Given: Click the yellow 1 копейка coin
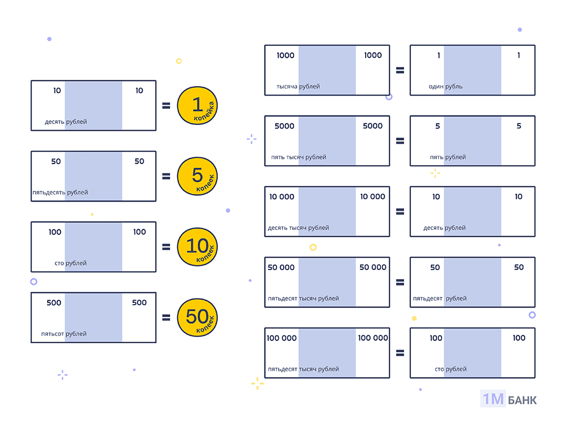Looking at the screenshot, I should pos(197,105).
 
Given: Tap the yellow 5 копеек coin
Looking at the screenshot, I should pos(197,176).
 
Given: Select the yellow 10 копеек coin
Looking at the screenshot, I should pos(197,247).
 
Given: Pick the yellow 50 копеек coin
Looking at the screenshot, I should pos(197,318).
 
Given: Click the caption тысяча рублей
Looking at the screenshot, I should pos(298,87).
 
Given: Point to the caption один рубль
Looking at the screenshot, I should pos(445,87).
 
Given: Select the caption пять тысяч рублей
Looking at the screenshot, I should pos(298,157).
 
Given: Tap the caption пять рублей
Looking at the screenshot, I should pos(448,157).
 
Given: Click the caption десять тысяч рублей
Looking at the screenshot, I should pos(298,228).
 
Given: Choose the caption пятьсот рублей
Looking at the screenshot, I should pos(64,334).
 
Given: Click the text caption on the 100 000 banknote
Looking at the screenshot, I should pos(303,369).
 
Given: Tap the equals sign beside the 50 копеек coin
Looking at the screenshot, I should pos(166,318).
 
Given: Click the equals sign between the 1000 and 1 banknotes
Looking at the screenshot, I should pos(400,70).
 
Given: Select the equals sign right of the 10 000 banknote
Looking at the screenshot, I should pos(400,212).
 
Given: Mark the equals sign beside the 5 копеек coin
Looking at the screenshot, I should pos(166,176).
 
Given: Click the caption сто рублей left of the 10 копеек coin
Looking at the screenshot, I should pos(71,263).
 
